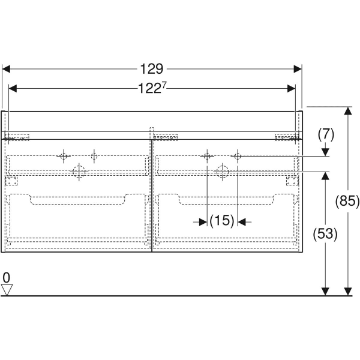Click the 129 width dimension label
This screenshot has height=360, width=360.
[152, 68]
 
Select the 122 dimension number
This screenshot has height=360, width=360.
[149, 88]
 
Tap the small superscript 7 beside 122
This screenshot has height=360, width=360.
[163, 85]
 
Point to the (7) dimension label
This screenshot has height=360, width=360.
[326, 134]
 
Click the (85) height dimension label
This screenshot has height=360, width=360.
[347, 201]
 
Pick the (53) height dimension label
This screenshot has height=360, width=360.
[325, 234]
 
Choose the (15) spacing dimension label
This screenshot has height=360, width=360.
[222, 221]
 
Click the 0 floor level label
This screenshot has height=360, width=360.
[7, 278]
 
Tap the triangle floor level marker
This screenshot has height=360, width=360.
[7, 290]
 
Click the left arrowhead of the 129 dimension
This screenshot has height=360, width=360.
[6, 69]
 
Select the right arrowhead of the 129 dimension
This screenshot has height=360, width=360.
[298, 69]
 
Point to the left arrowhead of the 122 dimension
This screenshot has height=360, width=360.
[13, 88]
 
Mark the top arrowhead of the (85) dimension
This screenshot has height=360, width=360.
[348, 110]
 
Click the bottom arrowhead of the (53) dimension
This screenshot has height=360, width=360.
[325, 292]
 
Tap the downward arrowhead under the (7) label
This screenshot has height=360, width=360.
[325, 152]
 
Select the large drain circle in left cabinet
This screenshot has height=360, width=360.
[79, 172]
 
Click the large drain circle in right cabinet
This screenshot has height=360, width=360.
[222, 172]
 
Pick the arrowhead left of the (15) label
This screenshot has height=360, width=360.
[203, 222]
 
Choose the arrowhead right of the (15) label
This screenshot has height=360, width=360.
[242, 222]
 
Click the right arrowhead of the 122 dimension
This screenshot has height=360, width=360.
[292, 88]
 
